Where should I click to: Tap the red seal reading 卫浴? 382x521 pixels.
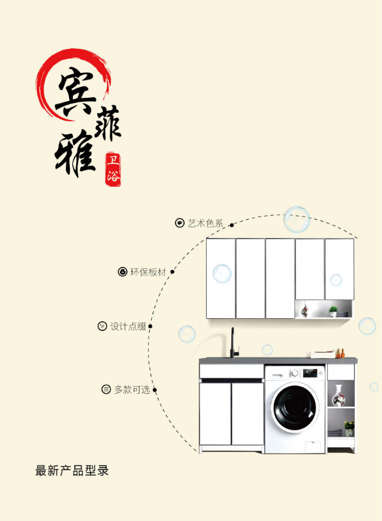pos(113,169)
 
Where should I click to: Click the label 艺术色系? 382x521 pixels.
pos(205,223)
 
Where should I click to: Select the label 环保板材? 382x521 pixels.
pos(148,272)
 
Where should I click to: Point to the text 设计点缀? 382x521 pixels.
pos(128,326)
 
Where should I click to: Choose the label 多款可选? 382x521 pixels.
pos(132,389)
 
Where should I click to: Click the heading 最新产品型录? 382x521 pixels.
pos(72,471)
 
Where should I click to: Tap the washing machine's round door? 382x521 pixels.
pos(295,408)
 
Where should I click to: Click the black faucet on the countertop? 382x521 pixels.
pos(234,343)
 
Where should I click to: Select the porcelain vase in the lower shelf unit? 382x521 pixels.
pos(338,396)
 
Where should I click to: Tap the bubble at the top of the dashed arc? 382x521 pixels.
pos(297,220)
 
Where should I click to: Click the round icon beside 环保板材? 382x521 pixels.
pos(123,272)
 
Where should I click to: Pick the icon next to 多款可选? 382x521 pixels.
pos(106,389)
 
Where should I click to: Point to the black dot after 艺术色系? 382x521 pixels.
pos(231,225)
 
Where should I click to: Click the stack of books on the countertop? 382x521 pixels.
pos(323,355)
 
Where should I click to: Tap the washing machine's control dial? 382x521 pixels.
pos(294,374)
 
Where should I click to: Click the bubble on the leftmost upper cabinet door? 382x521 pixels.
pos(222,273)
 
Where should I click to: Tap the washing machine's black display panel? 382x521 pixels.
pos(310,373)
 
